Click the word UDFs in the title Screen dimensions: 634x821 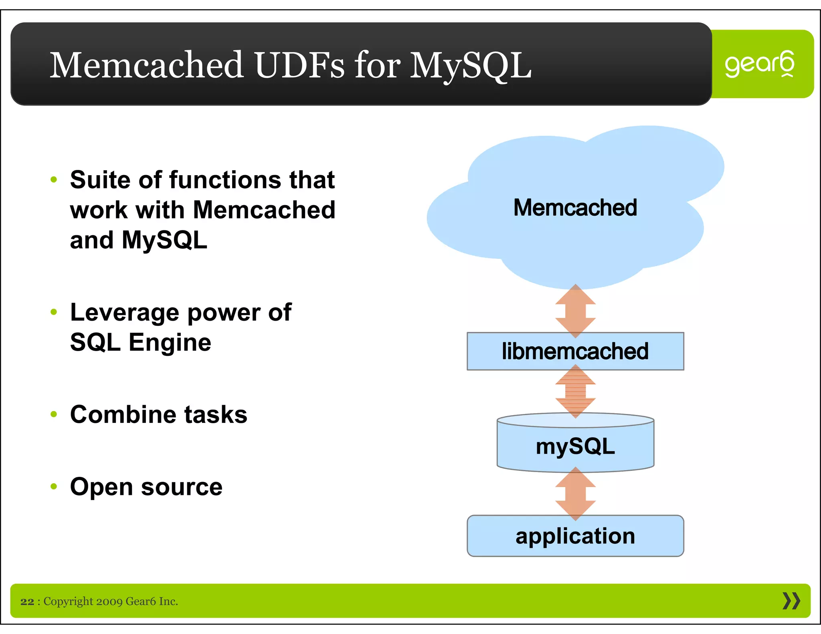[x=299, y=65]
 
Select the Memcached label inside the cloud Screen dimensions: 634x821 [x=575, y=208]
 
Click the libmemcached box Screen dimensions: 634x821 [x=575, y=351]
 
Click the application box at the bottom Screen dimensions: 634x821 [x=575, y=536]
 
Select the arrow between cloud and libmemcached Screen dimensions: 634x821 [x=575, y=311]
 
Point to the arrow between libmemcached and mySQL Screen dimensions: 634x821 [x=575, y=391]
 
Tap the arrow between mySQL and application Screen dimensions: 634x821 [x=575, y=494]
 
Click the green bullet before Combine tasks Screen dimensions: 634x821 [x=54, y=414]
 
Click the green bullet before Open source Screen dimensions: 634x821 [x=54, y=487]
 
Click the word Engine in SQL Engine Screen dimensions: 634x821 [x=170, y=343]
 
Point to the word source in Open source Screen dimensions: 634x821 [x=182, y=487]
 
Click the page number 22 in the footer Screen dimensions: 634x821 [x=27, y=602]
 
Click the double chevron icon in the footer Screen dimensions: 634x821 [x=791, y=601]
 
